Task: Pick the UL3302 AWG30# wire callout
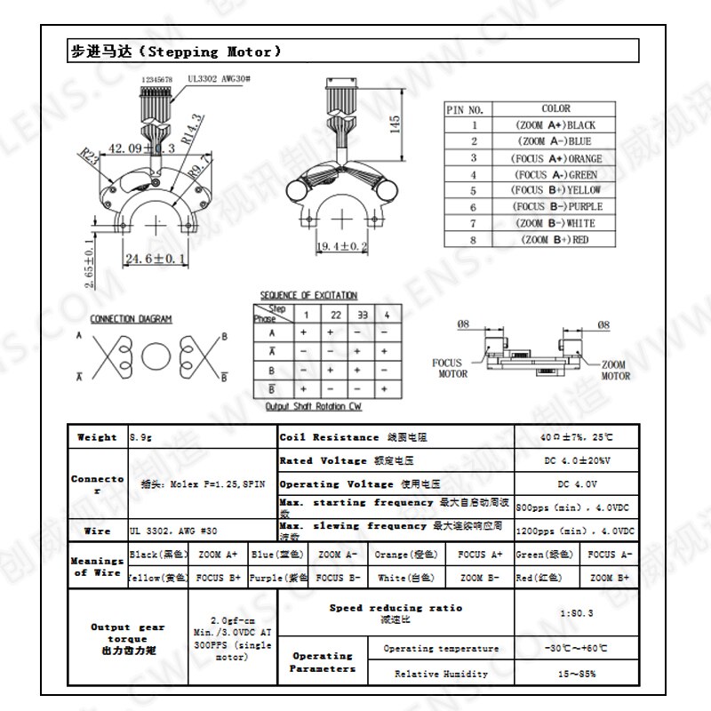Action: click(219, 79)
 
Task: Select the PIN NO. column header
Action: click(465, 109)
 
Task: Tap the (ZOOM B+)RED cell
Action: click(555, 240)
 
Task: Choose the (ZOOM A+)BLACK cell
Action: click(555, 125)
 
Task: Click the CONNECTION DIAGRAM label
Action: click(132, 319)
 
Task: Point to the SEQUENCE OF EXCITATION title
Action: click(308, 295)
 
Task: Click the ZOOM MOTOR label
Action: click(615, 370)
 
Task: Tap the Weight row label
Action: click(98, 437)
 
